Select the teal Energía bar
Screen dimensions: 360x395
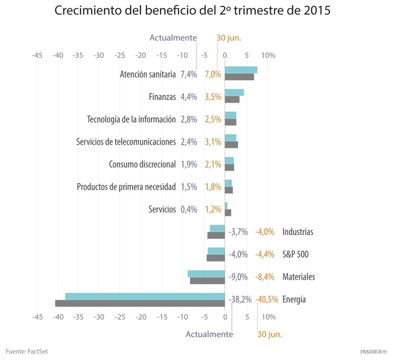tap(145, 296)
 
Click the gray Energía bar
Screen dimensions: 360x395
tap(140, 303)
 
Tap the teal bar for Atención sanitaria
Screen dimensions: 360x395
tap(241, 70)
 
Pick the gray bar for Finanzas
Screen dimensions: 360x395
tap(232, 99)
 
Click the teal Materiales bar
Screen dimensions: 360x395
tap(206, 274)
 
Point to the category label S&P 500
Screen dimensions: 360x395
tap(295, 254)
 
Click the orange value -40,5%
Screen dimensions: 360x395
tap(267, 299)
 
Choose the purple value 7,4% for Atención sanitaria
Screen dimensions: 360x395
tap(189, 74)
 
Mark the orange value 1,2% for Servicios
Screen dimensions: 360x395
tap(213, 209)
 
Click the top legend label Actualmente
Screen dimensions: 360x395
tap(173, 38)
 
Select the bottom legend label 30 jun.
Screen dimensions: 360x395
tap(270, 334)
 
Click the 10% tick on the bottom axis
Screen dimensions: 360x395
tap(268, 317)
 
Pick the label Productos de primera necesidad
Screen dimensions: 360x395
tap(126, 187)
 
